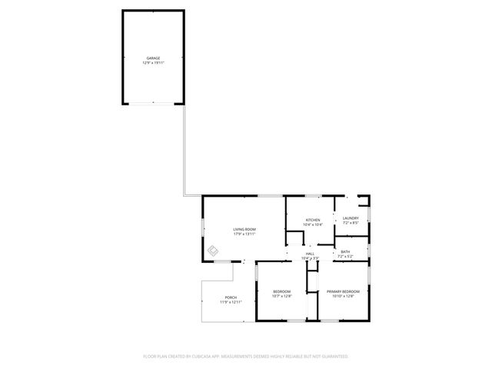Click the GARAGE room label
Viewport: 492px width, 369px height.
point(154,58)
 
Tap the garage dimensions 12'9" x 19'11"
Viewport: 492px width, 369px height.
point(154,62)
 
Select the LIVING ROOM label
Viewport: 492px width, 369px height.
point(244,229)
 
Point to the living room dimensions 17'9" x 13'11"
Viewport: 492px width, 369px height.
point(244,234)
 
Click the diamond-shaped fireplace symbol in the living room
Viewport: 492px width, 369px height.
point(214,251)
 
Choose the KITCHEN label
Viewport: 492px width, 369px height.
point(313,220)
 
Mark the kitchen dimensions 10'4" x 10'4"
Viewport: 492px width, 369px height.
point(313,224)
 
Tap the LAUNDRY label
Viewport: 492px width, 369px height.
point(351,219)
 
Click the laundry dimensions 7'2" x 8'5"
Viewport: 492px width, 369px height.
point(351,224)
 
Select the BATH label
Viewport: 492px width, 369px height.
point(346,252)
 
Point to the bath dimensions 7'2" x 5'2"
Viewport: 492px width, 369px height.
point(346,257)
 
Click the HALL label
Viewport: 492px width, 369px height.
point(310,254)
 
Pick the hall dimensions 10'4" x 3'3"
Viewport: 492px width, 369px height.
point(310,258)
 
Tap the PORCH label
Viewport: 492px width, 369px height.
point(231,298)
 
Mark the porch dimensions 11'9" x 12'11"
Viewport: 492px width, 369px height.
point(231,302)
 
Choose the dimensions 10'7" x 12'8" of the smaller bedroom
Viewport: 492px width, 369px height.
point(281,296)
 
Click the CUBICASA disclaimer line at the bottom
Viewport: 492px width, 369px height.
point(246,357)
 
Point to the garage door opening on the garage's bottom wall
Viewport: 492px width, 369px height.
point(154,102)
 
